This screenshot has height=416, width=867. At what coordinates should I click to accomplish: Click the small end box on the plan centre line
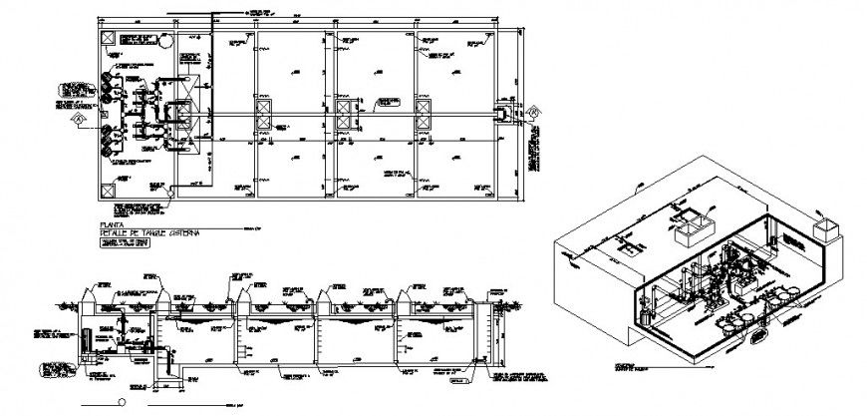[506, 114]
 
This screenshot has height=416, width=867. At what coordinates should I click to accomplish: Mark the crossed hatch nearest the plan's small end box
[424, 115]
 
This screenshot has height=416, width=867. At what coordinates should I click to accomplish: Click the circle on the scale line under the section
[122, 402]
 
